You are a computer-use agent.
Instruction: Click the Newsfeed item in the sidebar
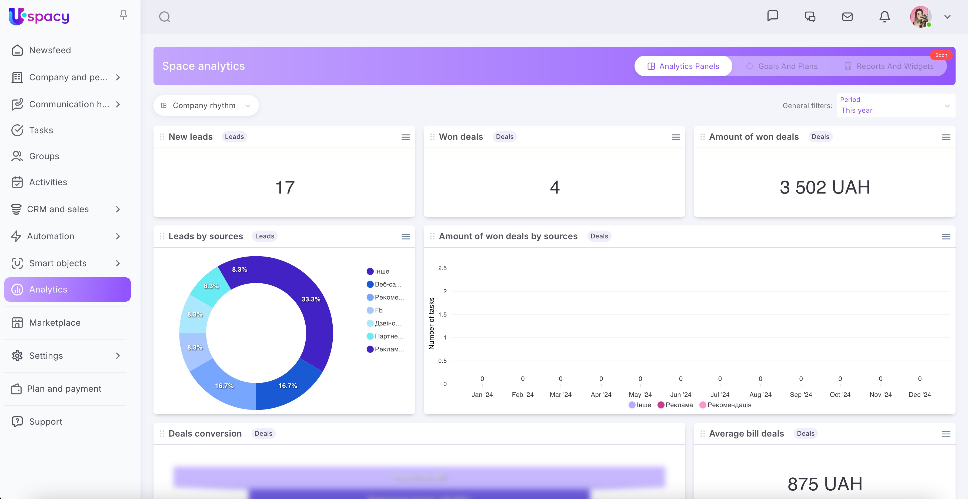coord(50,50)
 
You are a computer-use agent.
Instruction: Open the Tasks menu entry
coord(41,130)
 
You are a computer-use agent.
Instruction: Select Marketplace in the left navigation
coord(55,323)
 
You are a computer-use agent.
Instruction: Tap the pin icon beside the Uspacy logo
coord(123,15)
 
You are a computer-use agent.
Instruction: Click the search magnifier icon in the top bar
coord(165,17)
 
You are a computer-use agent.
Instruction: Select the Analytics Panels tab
coord(683,66)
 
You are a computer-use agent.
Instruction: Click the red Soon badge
coord(941,55)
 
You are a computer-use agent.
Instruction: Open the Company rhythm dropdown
coord(206,106)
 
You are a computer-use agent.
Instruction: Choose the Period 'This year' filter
coord(896,106)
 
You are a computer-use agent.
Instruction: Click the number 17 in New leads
coord(285,187)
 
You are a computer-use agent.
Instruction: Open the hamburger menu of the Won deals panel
coord(676,137)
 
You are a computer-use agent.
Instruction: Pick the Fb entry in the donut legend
coord(378,310)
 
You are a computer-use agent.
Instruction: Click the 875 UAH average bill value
coord(825,484)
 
